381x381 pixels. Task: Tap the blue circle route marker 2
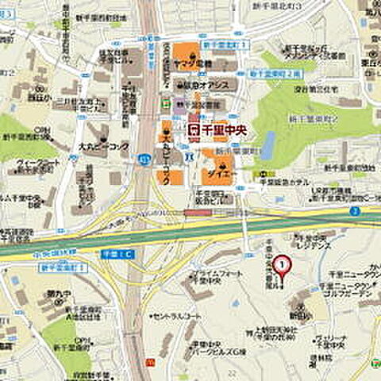(x=356, y=210)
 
